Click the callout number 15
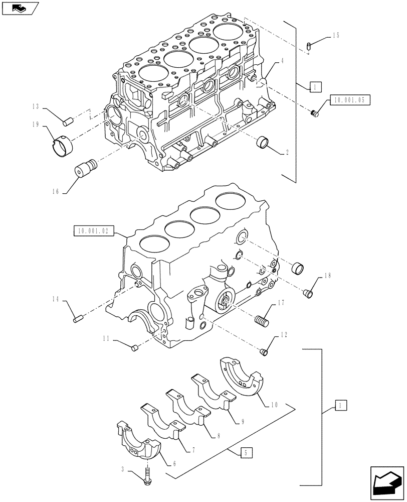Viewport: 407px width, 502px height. point(336,36)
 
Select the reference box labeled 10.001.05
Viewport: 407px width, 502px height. point(349,100)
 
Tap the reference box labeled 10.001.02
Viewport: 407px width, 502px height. point(94,231)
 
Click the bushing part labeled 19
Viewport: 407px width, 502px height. point(62,143)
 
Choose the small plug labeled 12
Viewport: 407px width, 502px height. point(265,352)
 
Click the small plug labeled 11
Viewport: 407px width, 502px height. point(134,348)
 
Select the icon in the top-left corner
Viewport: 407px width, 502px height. point(19,8)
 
